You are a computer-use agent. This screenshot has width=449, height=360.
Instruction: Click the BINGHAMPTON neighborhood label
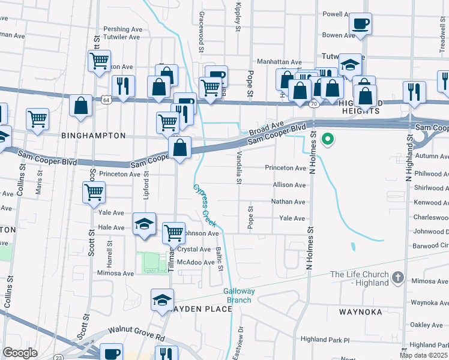pyautogui.click(x=94, y=136)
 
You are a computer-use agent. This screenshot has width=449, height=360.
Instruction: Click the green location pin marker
pyautogui.click(x=327, y=140)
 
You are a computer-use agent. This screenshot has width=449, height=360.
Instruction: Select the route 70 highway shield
pyautogui.click(x=313, y=104)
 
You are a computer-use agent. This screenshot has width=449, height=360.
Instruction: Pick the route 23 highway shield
pyautogui.click(x=58, y=356)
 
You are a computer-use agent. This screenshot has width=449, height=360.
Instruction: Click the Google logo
pyautogui.click(x=20, y=353)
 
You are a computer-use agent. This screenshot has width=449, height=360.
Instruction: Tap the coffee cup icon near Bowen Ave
pyautogui.click(x=360, y=24)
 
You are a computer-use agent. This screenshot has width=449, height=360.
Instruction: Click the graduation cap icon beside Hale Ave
pyautogui.click(x=144, y=224)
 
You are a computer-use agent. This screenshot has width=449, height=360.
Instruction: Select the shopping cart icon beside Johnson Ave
pyautogui.click(x=173, y=232)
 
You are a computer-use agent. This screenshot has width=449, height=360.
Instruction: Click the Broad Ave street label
pyautogui.click(x=267, y=128)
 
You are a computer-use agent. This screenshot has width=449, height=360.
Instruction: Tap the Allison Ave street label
pyautogui.click(x=289, y=185)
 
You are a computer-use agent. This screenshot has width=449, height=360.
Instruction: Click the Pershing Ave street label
pyautogui.click(x=122, y=28)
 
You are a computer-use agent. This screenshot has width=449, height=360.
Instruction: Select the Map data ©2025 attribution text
pyautogui.click(x=424, y=355)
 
